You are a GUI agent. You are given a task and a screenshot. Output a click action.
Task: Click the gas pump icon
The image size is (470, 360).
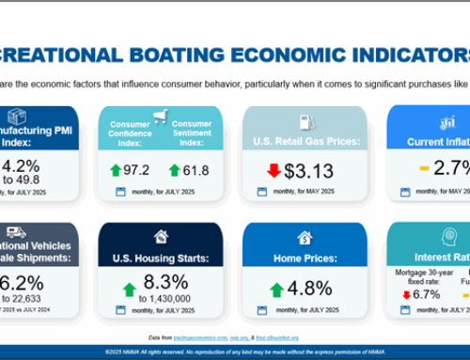tap(305, 121)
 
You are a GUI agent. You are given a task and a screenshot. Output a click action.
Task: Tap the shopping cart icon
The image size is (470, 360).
tap(162, 117)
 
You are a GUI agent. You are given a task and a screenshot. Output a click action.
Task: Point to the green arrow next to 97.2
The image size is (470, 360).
tap(117, 169)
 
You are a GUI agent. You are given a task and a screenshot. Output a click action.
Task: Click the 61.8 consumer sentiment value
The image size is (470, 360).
tap(195, 169)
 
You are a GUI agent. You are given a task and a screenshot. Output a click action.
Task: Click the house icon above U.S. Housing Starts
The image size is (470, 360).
tap(162, 236)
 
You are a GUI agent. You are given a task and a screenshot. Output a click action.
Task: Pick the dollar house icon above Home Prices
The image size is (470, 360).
tap(305, 237)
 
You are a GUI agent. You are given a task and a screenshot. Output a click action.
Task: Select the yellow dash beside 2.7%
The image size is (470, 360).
tap(424, 169)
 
